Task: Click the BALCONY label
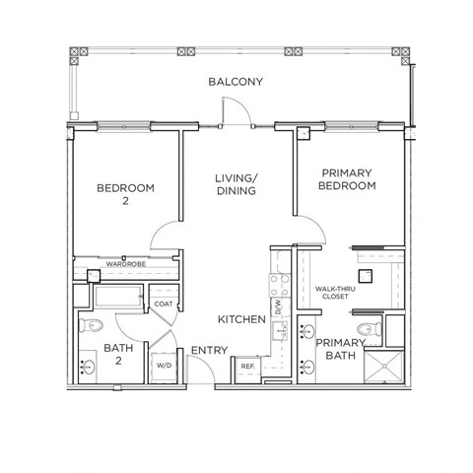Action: point(235,82)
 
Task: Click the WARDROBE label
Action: point(126,264)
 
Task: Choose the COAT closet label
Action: point(163,304)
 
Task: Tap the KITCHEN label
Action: point(241,320)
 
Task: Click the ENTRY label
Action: point(209,350)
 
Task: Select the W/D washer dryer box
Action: point(163,365)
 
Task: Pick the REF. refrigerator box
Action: point(247,367)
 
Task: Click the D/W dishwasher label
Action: point(279,308)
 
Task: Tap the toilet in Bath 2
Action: point(94,326)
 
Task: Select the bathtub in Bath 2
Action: point(116,297)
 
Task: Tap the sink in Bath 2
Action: point(90,368)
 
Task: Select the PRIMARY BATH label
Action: point(338,350)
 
